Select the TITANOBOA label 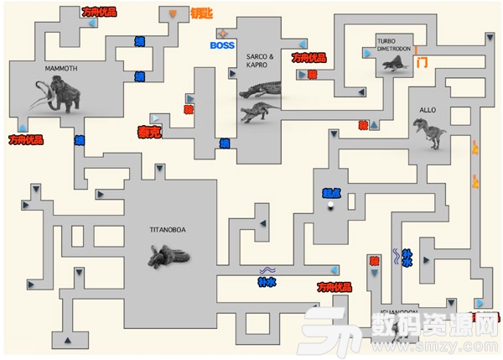[x=167, y=228]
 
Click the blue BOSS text [x=222, y=44]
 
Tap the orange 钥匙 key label [x=201, y=14]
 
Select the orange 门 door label [x=423, y=62]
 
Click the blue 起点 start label [x=332, y=192]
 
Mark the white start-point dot [x=331, y=203]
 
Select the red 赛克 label [x=149, y=132]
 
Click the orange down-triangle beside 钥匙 [x=174, y=14]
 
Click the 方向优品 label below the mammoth [x=25, y=139]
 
